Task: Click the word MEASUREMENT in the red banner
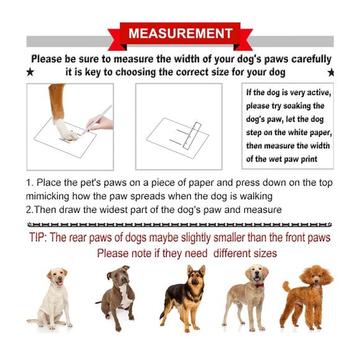[181, 34]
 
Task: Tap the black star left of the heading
[30, 72]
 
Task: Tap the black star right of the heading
[331, 73]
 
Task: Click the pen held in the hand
[97, 120]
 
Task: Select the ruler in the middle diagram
[192, 136]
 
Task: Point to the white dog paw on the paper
[65, 130]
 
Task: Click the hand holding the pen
[101, 124]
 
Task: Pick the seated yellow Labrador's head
[57, 277]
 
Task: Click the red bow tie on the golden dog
[259, 286]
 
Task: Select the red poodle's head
[317, 276]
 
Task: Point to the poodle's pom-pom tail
[286, 286]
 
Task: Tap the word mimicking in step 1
[48, 197]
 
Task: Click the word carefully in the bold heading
[312, 59]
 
